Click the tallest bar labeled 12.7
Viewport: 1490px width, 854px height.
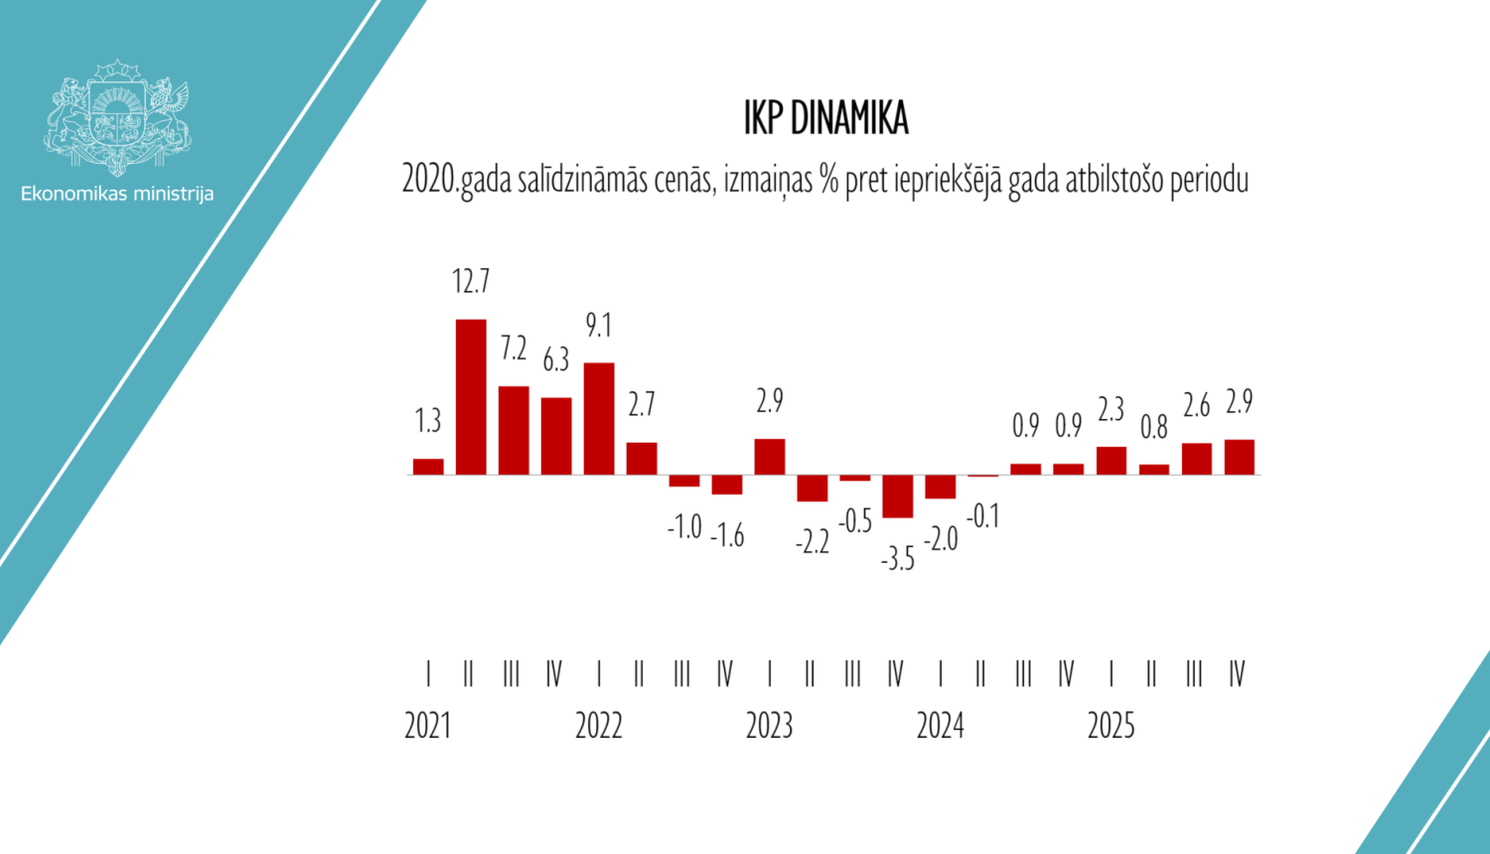coord(471,396)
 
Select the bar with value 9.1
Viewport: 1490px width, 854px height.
coord(599,418)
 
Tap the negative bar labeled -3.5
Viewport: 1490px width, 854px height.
coord(898,496)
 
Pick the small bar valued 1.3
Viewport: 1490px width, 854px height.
coord(428,466)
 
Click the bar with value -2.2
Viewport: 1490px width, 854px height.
coord(813,488)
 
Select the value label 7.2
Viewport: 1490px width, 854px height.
coord(514,349)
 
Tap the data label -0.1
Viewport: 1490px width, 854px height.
coord(983,516)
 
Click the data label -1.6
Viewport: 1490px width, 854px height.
coord(727,536)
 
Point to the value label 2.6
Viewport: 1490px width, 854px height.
coord(1197,405)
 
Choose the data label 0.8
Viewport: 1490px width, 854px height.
coord(1154,428)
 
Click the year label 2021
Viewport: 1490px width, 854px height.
coord(428,726)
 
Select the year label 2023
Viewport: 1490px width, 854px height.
coord(770,726)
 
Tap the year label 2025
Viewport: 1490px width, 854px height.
coord(1111,726)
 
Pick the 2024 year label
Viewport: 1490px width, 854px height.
coord(941,726)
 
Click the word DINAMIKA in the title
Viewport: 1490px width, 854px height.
coord(850,118)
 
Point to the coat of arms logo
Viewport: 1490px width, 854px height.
coord(117,117)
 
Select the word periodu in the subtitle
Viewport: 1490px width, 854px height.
coord(1209,181)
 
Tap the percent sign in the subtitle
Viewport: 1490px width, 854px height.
coord(829,180)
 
